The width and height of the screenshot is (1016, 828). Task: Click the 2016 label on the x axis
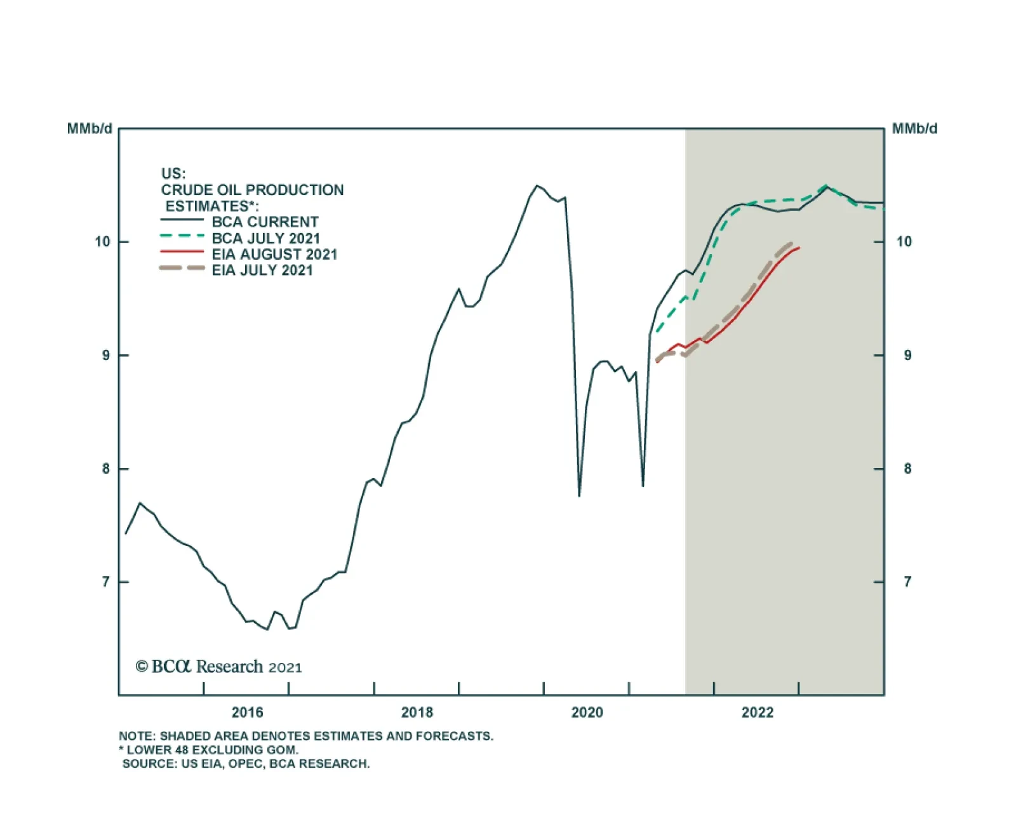(x=247, y=712)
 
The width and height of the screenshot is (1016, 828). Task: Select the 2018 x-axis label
(x=417, y=712)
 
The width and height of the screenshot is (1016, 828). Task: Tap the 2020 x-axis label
(x=587, y=712)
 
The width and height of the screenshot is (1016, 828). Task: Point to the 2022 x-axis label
(x=757, y=712)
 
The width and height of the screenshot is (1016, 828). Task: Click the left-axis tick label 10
(x=102, y=242)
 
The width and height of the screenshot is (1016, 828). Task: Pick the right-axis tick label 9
(x=907, y=356)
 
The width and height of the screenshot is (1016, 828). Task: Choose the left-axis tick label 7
(x=105, y=582)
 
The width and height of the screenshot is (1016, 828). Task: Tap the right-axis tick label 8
(x=907, y=469)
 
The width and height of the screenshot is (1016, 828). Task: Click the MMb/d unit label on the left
(x=90, y=129)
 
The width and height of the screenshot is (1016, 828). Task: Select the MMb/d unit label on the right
(x=914, y=129)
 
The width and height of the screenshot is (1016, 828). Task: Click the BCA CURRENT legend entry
(x=265, y=222)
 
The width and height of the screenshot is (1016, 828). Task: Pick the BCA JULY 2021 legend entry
(x=265, y=238)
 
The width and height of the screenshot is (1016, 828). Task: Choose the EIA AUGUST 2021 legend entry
(x=274, y=254)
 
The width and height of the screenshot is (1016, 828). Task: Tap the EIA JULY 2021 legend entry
(x=262, y=270)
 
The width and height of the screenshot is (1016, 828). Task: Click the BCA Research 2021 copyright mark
(x=218, y=666)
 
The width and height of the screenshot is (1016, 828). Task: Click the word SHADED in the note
(x=183, y=736)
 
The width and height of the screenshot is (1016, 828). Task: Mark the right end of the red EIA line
(x=799, y=248)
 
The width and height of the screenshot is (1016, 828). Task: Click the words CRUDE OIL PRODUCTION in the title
(x=252, y=190)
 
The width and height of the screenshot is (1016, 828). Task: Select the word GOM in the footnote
(x=283, y=749)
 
